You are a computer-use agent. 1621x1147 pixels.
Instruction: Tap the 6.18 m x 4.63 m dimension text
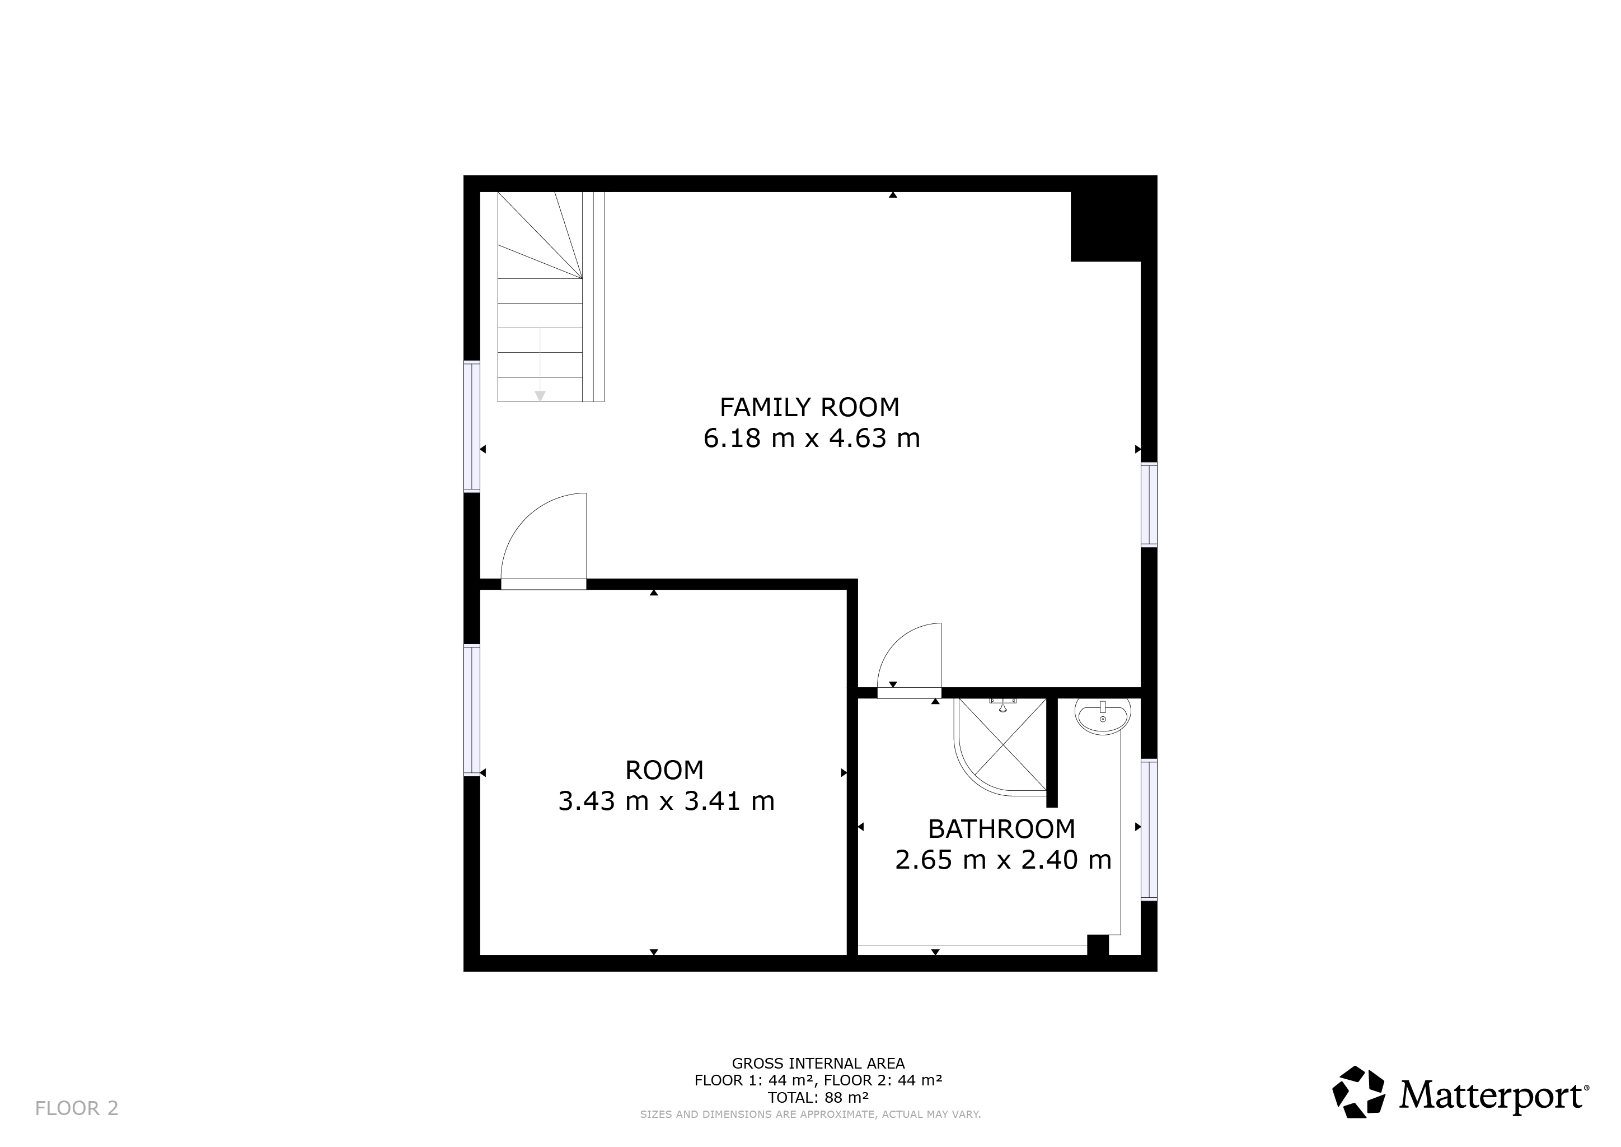(x=811, y=439)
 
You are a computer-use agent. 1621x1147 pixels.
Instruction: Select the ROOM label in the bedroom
(x=664, y=771)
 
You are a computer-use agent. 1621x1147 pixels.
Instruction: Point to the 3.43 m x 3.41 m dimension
(x=666, y=801)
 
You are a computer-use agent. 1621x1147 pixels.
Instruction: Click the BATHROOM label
(x=1001, y=828)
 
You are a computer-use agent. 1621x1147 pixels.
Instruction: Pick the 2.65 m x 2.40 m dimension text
(x=1003, y=860)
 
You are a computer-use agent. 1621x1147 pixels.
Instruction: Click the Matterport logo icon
(x=1358, y=1093)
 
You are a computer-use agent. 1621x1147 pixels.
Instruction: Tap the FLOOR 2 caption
(x=77, y=1108)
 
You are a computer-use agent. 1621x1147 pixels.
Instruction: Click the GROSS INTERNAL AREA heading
(x=818, y=1064)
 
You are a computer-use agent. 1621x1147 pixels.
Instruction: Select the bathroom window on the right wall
(x=1149, y=830)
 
